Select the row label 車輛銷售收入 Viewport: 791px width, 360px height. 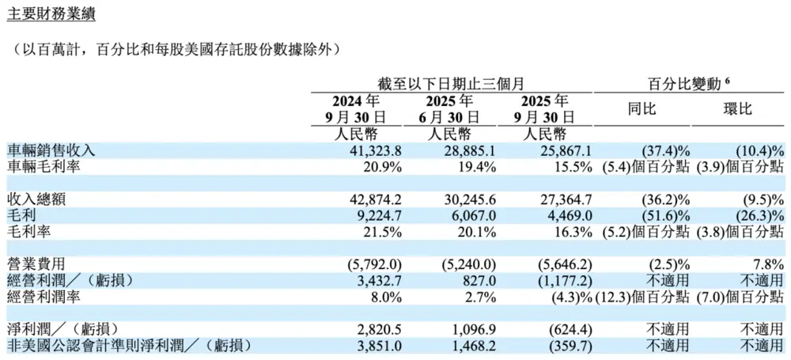click(51, 150)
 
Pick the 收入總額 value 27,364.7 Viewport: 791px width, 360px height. click(542, 199)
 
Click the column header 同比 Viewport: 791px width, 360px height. click(642, 109)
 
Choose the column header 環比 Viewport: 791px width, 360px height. click(737, 109)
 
